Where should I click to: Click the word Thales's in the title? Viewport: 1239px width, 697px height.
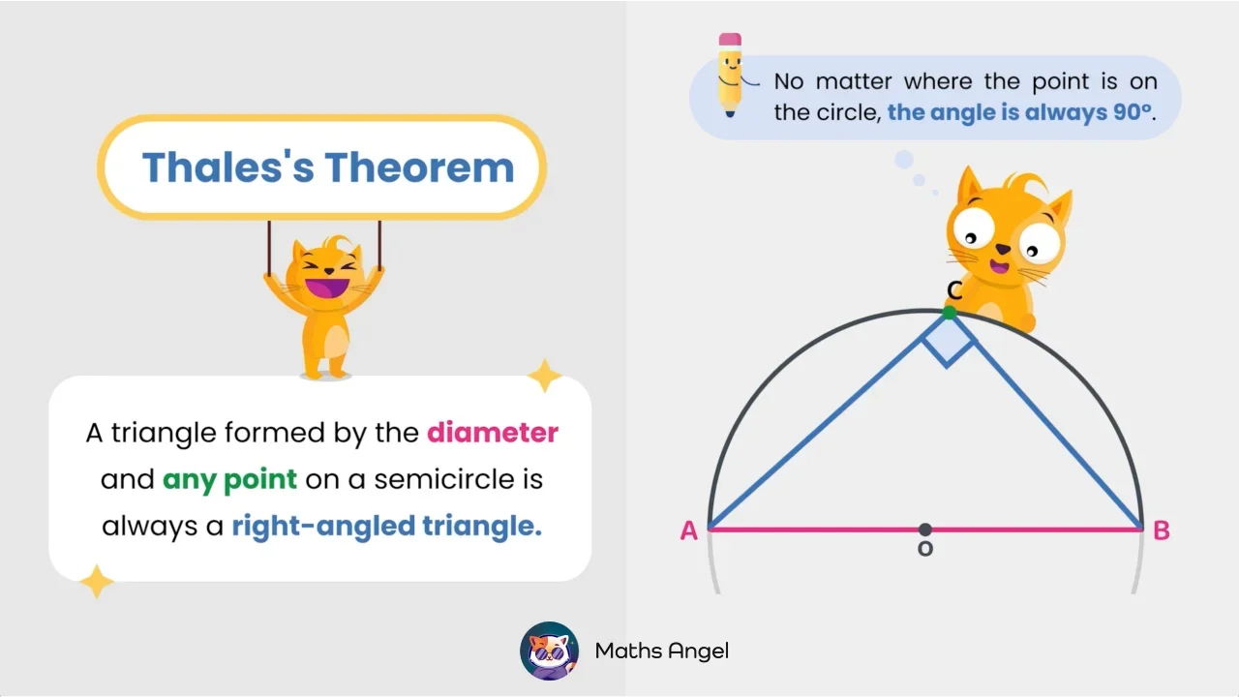tap(227, 167)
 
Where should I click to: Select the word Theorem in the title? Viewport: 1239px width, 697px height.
tap(419, 167)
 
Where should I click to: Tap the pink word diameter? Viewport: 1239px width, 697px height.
tap(493, 432)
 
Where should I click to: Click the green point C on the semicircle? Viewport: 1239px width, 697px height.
tap(950, 313)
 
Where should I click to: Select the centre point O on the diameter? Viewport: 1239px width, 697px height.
tap(925, 530)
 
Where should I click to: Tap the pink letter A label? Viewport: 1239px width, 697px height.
tap(688, 530)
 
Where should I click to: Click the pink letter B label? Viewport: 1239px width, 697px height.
tap(1162, 530)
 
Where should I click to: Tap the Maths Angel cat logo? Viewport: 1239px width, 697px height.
tap(550, 651)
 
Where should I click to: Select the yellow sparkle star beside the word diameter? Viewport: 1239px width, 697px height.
tap(544, 376)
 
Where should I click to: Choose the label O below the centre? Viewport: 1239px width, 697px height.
tap(925, 549)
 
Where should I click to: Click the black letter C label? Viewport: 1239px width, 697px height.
tap(954, 290)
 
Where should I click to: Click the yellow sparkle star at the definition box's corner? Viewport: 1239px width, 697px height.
tap(97, 581)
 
